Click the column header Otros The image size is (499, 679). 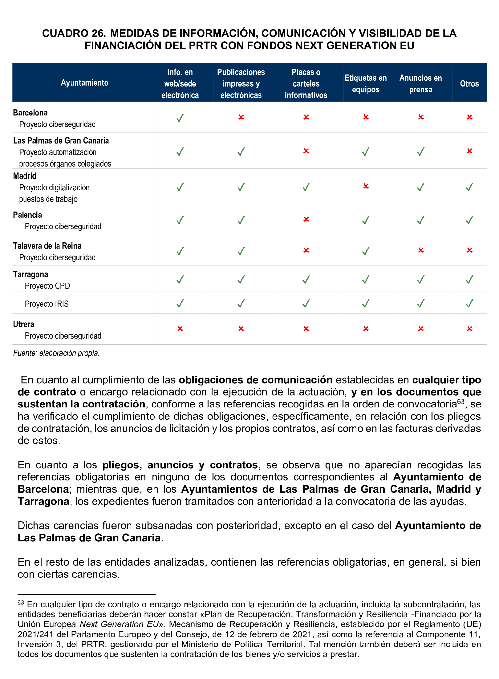[469, 84]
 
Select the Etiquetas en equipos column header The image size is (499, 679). [366, 84]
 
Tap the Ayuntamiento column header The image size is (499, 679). [84, 83]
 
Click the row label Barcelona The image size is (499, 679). [30, 113]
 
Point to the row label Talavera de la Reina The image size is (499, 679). [47, 246]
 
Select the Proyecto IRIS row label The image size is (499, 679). [47, 304]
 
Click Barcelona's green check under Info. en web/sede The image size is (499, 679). [180, 118]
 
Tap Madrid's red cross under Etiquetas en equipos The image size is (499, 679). [366, 186]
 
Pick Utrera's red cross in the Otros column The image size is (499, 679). [469, 328]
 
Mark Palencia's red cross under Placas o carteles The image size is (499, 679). [306, 219]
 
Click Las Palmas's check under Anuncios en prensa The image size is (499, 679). [420, 151]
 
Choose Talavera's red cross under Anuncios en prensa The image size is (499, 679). [420, 250]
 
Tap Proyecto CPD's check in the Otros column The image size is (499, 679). [469, 280]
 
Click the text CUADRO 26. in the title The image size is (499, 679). [74, 33]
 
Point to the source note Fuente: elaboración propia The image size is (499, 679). [56, 353]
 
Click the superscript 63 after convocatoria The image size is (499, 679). [460, 402]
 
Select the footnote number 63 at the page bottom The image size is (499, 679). [21, 603]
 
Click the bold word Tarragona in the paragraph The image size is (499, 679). [44, 501]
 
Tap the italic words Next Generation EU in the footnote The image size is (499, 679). [119, 624]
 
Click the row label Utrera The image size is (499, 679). [24, 324]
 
